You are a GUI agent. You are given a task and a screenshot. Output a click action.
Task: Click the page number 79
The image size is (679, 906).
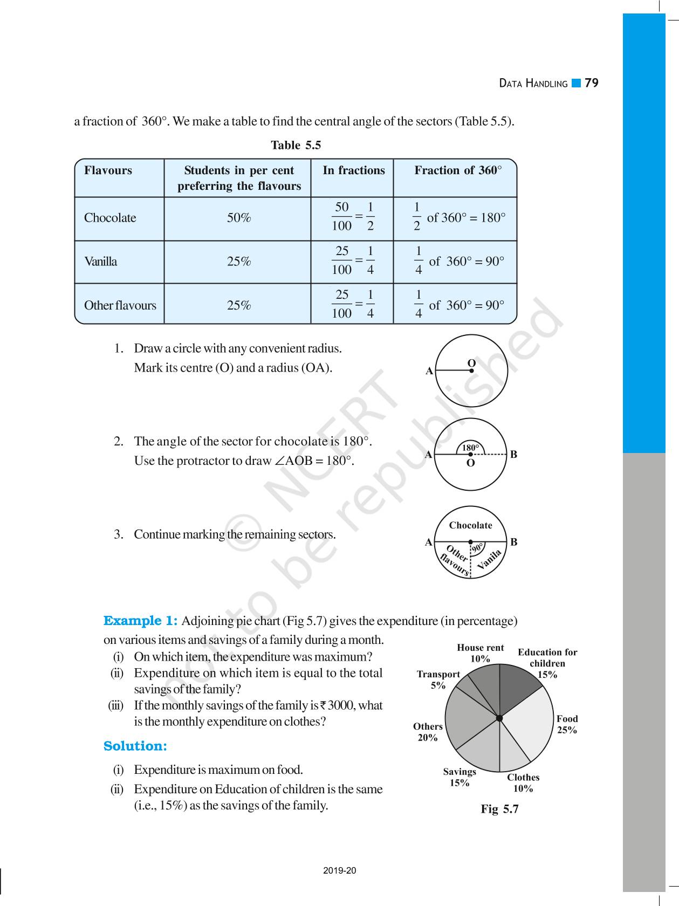pos(591,83)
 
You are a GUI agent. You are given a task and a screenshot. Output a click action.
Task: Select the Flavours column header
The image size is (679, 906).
pos(108,170)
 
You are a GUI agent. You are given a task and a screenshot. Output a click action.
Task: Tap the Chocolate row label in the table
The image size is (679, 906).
pos(110,218)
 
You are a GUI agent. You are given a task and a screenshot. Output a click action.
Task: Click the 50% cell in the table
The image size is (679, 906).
pos(238,218)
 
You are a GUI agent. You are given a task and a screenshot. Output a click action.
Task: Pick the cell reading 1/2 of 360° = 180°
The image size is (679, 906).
pos(458,218)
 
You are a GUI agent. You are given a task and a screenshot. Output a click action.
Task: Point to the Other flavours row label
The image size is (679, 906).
pos(120,305)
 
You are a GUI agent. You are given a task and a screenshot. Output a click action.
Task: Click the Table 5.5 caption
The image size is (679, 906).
pos(296,145)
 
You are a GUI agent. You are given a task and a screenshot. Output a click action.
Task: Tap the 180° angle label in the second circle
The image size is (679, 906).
pos(470,448)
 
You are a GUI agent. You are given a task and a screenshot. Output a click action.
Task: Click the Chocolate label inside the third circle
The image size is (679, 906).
pos(470,525)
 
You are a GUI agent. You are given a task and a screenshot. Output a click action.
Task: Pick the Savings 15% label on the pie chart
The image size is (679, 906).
pos(459,777)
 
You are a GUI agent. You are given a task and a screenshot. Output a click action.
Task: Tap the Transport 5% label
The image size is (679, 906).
pos(438,679)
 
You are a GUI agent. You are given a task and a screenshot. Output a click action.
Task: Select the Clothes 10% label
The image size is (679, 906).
pos(523,783)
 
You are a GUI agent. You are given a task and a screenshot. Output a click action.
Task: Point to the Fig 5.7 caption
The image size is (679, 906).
pos(499,809)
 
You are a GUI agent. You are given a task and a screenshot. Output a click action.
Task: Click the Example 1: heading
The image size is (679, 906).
pos(140,621)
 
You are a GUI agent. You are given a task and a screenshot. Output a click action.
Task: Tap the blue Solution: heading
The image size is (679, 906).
pos(135,746)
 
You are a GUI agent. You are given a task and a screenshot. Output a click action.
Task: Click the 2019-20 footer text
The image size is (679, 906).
pos(339,870)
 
